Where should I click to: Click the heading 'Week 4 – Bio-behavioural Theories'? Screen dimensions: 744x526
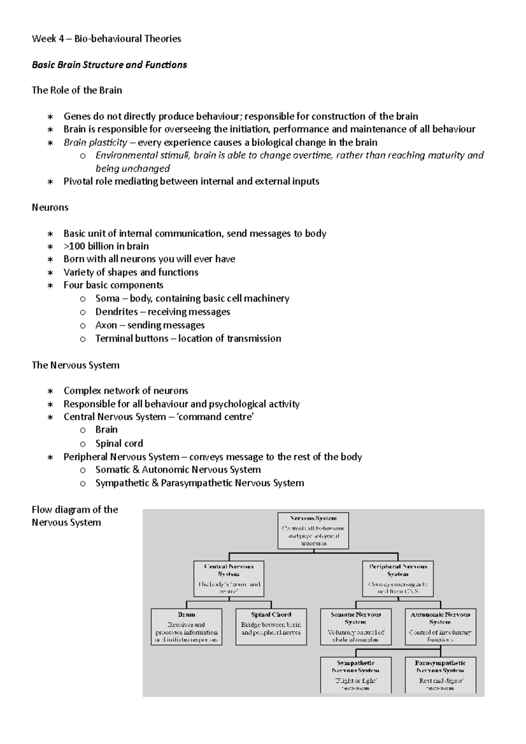pyautogui.click(x=107, y=39)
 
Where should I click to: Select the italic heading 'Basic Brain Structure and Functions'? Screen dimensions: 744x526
pyautogui.click(x=109, y=65)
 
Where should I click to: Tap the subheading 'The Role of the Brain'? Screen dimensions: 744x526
pyautogui.click(x=77, y=90)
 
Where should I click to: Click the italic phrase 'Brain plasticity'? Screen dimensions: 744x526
pyautogui.click(x=95, y=142)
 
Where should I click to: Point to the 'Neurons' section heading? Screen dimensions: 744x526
pyautogui.click(x=50, y=207)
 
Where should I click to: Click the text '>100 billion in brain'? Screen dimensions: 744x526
pyautogui.click(x=106, y=246)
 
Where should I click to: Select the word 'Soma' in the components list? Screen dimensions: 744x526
pyautogui.click(x=107, y=298)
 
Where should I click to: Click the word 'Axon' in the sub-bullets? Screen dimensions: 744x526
pyautogui.click(x=106, y=325)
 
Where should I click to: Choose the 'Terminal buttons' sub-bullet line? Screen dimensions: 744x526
pyautogui.click(x=188, y=338)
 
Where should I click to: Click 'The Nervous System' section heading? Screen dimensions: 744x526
pyautogui.click(x=75, y=365)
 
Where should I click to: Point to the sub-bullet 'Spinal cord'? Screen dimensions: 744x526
pyautogui.click(x=119, y=443)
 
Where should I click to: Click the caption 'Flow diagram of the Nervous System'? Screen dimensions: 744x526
pyautogui.click(x=75, y=516)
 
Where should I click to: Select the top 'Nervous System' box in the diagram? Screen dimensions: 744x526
pyautogui.click(x=313, y=531)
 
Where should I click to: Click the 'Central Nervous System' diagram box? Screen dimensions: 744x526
pyautogui.click(x=229, y=578)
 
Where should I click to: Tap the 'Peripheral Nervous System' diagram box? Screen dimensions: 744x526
pyautogui.click(x=398, y=578)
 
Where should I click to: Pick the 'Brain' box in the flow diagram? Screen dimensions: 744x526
pyautogui.click(x=186, y=627)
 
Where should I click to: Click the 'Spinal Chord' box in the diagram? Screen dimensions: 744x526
pyautogui.click(x=271, y=627)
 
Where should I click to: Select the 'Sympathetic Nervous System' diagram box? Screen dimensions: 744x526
pyautogui.click(x=355, y=675)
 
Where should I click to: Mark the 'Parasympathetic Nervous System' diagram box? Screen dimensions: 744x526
pyautogui.click(x=440, y=675)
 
